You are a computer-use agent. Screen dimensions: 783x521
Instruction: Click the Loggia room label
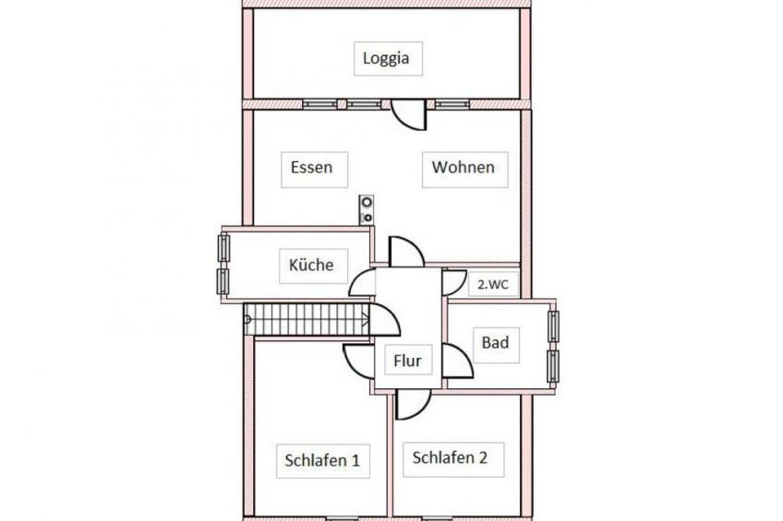(x=386, y=58)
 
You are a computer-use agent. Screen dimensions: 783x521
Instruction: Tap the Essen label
(x=311, y=168)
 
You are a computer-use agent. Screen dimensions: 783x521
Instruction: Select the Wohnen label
(x=464, y=167)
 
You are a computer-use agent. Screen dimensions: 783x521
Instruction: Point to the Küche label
(x=311, y=265)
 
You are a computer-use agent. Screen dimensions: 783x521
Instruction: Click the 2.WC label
(x=493, y=285)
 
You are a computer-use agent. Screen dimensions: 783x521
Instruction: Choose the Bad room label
(x=495, y=342)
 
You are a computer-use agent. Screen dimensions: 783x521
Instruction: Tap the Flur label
(x=407, y=361)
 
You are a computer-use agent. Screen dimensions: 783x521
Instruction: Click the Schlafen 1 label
(x=322, y=460)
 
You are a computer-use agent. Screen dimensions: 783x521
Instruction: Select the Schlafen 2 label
(x=450, y=457)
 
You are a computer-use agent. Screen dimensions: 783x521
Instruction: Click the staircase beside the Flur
(x=307, y=319)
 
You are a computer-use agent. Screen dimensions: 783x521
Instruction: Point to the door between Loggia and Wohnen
(x=408, y=114)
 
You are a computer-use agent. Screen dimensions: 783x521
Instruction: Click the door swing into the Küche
(x=362, y=282)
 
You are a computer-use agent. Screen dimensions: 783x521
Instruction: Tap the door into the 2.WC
(x=454, y=282)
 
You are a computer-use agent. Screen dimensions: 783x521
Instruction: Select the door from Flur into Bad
(x=457, y=361)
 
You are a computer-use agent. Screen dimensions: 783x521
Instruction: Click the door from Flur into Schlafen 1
(x=358, y=361)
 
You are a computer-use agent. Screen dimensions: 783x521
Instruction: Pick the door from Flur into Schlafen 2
(x=413, y=404)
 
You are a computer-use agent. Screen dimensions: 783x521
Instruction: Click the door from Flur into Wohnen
(x=406, y=252)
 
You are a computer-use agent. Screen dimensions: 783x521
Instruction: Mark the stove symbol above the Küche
(x=367, y=209)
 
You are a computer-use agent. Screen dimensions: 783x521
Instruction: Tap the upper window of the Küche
(x=223, y=248)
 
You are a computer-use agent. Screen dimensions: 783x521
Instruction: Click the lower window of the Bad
(x=553, y=366)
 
